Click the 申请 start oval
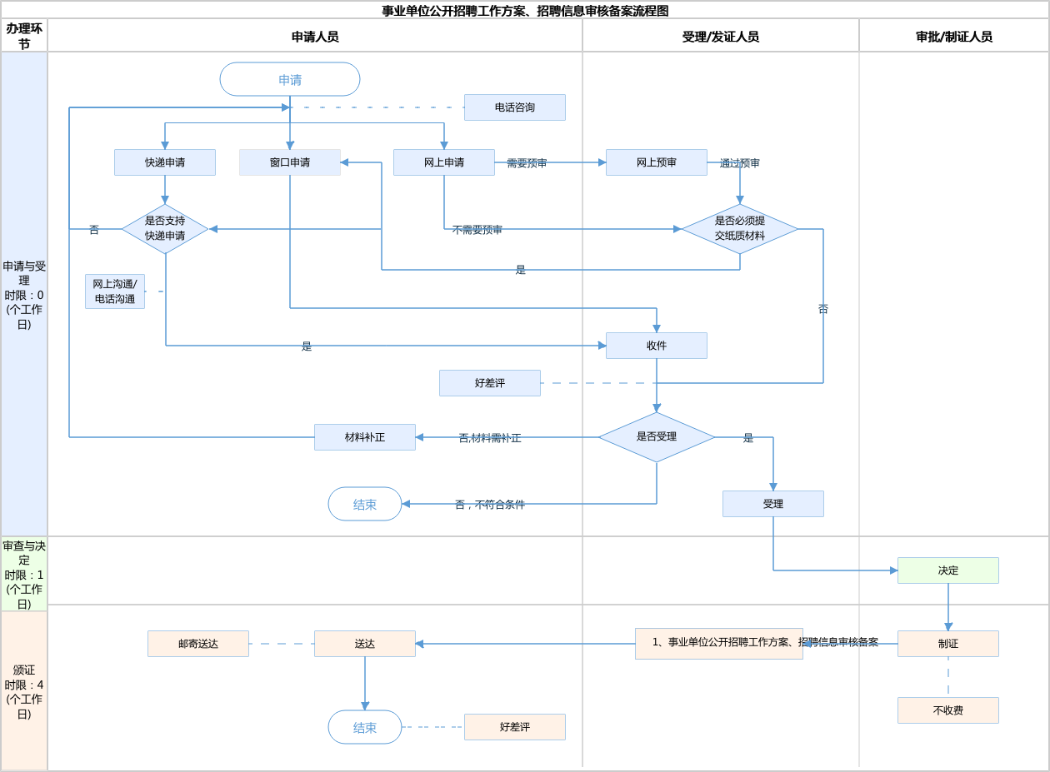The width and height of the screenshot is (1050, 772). click(x=290, y=79)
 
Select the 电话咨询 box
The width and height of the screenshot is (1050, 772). click(x=515, y=107)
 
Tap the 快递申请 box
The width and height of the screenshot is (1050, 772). click(x=165, y=162)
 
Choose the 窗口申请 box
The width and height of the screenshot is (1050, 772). click(x=290, y=162)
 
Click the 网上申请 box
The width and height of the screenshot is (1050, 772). click(x=444, y=162)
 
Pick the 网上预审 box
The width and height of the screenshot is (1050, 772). click(x=657, y=162)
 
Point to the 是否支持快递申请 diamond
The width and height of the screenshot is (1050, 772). click(x=165, y=229)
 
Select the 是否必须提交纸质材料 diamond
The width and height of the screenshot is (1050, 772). click(x=740, y=229)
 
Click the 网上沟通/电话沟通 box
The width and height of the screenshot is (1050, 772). click(x=115, y=291)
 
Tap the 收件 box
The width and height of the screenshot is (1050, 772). click(x=657, y=346)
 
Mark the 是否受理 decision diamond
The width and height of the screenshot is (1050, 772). click(x=657, y=437)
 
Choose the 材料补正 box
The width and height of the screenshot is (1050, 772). click(x=365, y=437)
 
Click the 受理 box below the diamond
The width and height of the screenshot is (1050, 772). click(x=773, y=504)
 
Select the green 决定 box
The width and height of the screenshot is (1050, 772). click(x=948, y=570)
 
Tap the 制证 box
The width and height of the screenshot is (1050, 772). click(x=948, y=644)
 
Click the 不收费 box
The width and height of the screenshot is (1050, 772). click(x=948, y=710)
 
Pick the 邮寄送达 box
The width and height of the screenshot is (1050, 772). click(x=198, y=644)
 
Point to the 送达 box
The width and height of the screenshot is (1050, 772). click(x=365, y=644)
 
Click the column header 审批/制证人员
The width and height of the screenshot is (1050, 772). click(x=954, y=37)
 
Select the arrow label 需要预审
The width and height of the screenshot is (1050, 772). click(x=527, y=163)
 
